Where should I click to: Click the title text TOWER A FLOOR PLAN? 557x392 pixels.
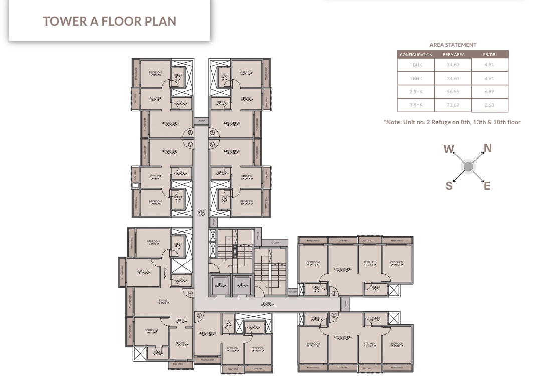[x=109, y=21]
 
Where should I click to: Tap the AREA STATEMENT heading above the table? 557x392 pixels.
[x=453, y=45]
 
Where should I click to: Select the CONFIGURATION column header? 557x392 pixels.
[x=416, y=55]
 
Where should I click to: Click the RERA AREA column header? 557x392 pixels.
[x=453, y=55]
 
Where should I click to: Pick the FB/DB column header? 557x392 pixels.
[x=489, y=55]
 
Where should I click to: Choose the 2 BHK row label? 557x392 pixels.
[x=416, y=92]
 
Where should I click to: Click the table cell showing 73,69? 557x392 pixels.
[x=453, y=105]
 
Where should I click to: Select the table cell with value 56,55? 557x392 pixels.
[x=453, y=92]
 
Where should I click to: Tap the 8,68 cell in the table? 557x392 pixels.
[x=489, y=105]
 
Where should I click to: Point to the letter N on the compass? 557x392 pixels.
[x=487, y=148]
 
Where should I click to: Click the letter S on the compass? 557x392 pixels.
[x=449, y=186]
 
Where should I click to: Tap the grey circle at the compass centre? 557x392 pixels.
[x=468, y=167]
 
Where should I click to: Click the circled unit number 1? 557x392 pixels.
[x=334, y=294]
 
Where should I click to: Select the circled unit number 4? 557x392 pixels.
[x=190, y=293]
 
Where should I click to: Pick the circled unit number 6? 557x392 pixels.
[x=190, y=133]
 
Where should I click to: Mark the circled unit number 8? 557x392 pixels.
[x=212, y=145]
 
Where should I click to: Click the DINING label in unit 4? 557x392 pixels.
[x=181, y=320]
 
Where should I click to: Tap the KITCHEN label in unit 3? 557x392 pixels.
[x=232, y=348]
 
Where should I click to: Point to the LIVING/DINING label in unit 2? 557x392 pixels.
[x=343, y=337]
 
